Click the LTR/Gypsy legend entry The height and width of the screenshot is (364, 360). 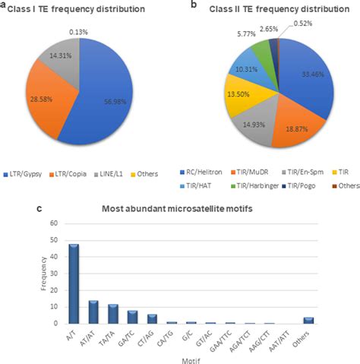click(x=33, y=174)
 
